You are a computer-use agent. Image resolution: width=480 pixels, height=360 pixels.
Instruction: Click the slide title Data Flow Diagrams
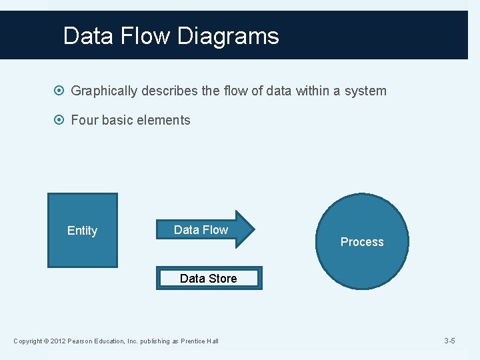(x=171, y=35)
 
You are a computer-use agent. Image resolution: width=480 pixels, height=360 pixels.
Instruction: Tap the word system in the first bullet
(x=365, y=91)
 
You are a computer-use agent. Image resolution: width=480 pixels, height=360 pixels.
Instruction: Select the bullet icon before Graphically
(x=61, y=91)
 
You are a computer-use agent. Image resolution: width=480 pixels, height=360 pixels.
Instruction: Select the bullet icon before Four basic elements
(x=61, y=121)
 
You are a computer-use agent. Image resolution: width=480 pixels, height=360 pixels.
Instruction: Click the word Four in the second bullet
(x=84, y=121)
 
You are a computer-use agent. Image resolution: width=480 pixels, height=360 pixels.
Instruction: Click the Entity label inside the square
(x=82, y=231)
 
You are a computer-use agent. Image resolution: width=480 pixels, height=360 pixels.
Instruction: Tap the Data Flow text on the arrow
(x=201, y=230)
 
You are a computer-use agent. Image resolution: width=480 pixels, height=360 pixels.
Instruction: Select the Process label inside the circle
(x=362, y=242)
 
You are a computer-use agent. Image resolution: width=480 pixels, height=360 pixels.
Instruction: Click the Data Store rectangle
(x=209, y=278)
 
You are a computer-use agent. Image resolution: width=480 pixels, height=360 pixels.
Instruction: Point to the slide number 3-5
(x=449, y=341)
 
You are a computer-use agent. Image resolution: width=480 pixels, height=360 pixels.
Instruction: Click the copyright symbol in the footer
(x=45, y=341)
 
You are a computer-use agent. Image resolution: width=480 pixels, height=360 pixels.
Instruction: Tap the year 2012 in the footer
(x=57, y=341)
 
